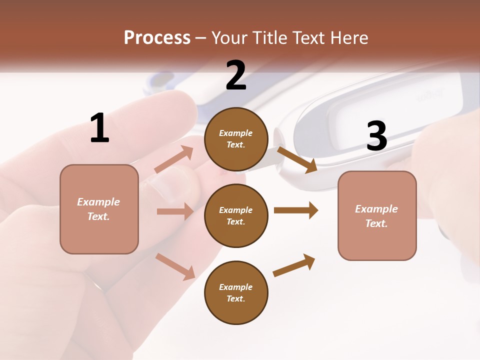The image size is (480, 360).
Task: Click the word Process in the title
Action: (x=157, y=37)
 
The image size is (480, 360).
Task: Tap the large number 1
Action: (x=99, y=128)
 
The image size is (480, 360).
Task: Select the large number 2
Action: (x=236, y=75)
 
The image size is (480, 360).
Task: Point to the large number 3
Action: (x=377, y=136)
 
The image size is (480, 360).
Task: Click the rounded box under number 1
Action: (x=99, y=209)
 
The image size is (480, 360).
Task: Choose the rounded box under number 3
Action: (x=377, y=215)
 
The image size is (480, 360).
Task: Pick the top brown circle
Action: (x=236, y=139)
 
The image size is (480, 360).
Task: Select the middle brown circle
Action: (x=236, y=215)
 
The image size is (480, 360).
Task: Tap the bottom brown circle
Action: (x=236, y=292)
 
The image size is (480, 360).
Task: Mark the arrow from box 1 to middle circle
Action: (x=175, y=211)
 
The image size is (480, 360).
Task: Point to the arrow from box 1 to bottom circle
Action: (x=175, y=266)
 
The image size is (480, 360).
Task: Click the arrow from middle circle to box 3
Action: (x=295, y=210)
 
